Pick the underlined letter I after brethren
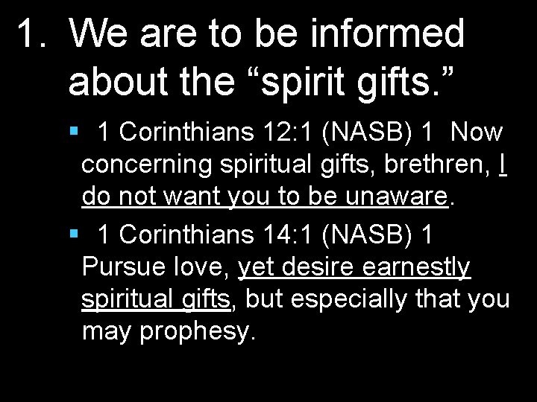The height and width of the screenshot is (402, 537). [504, 165]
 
